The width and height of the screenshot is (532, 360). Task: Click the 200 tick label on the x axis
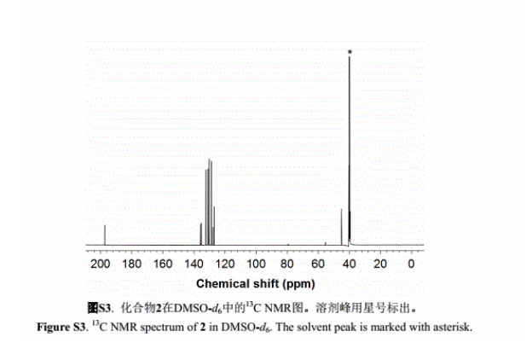(100, 264)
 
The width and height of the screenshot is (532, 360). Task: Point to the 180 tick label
(131, 264)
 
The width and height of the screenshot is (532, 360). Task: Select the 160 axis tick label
(162, 264)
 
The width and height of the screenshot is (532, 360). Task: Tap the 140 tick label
(194, 264)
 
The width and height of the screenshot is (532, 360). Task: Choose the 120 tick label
(224, 264)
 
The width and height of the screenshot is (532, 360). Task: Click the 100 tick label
(256, 264)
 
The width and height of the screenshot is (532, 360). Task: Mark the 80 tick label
(288, 264)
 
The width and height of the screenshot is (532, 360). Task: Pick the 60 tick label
(319, 264)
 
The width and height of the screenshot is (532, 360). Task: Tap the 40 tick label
(350, 264)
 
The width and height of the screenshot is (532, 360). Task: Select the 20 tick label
(381, 264)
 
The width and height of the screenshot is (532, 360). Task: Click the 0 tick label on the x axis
(412, 264)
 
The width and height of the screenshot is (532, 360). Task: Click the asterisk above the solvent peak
(350, 52)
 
